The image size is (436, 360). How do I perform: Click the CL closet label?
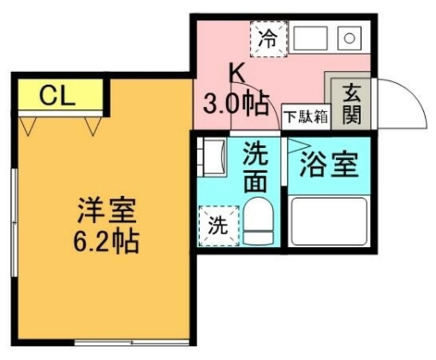pos(57,96)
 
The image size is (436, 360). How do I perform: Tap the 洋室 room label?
pos(107,210)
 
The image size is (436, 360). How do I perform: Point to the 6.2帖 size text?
pos(106,241)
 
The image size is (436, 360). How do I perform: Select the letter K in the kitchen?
pos(237,73)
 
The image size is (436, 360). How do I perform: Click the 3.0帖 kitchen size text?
pos(236,103)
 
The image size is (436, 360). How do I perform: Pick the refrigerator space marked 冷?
pos(269,39)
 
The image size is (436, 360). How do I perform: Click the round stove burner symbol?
pos(349,38)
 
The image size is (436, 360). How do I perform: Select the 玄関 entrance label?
pos(352,104)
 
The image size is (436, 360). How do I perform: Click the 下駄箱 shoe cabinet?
pos(307,116)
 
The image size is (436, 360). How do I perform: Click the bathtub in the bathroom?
pos(329,221)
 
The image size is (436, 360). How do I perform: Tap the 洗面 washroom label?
pos(255,168)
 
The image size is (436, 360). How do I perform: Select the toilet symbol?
pos(258,221)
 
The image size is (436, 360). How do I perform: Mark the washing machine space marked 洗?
pos(219,226)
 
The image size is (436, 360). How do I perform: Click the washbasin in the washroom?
pos(213,157)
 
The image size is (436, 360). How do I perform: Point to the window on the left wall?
pos(14,223)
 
